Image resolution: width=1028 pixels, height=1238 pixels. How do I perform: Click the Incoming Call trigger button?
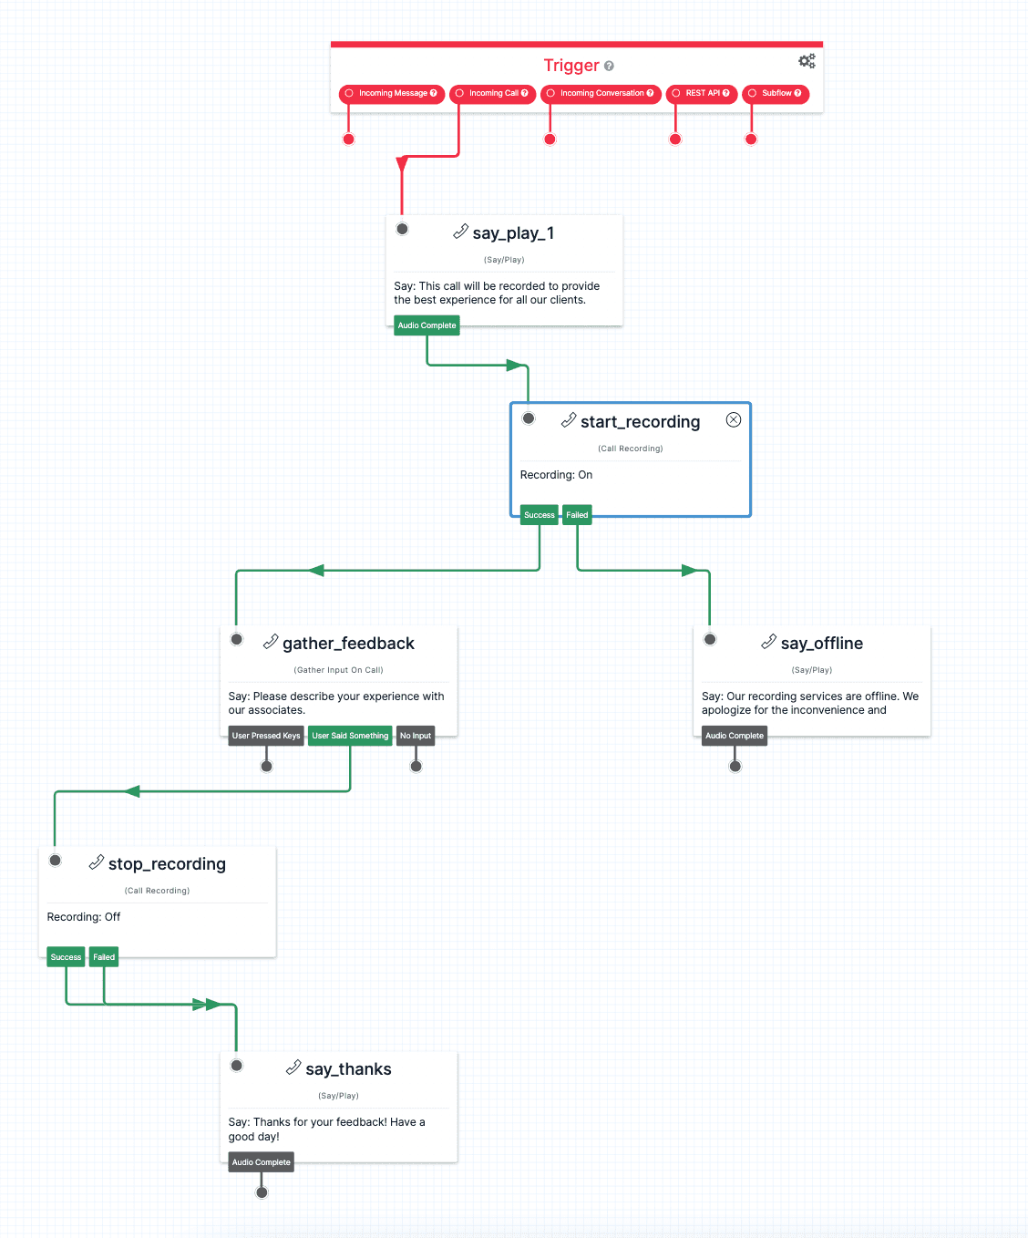(x=492, y=94)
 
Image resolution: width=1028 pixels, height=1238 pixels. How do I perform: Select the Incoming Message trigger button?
(x=392, y=94)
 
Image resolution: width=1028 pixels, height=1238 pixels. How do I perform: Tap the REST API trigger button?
(x=701, y=94)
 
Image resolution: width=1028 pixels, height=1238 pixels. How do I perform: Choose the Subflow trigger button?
(x=776, y=94)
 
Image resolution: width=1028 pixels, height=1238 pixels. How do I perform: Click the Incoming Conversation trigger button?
(x=601, y=94)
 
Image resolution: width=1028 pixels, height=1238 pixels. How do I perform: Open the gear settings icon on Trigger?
(x=807, y=61)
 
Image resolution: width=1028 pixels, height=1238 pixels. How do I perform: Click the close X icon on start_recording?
(x=734, y=419)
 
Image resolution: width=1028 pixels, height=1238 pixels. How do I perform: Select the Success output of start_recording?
(x=539, y=515)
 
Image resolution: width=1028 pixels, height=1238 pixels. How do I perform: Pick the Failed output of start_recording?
(x=577, y=515)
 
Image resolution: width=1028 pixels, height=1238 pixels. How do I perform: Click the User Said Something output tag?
(x=350, y=736)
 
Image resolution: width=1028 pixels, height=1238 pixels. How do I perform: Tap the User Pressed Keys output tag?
(x=266, y=736)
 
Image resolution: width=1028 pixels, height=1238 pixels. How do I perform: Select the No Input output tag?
(x=416, y=736)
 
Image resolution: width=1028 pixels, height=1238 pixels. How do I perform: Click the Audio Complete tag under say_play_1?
(x=427, y=325)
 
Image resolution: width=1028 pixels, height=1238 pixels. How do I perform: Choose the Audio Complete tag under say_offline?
(x=735, y=736)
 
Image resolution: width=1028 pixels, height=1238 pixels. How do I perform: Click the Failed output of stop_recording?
(x=104, y=957)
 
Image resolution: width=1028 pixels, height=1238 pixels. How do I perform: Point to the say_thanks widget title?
(x=348, y=1069)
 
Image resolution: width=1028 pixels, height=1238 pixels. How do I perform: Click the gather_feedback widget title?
(x=348, y=644)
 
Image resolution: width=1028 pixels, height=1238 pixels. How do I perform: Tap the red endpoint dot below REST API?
(x=675, y=139)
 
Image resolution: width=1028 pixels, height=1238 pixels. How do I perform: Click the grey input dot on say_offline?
(x=710, y=639)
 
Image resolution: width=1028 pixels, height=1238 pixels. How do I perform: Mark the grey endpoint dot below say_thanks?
(x=262, y=1192)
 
